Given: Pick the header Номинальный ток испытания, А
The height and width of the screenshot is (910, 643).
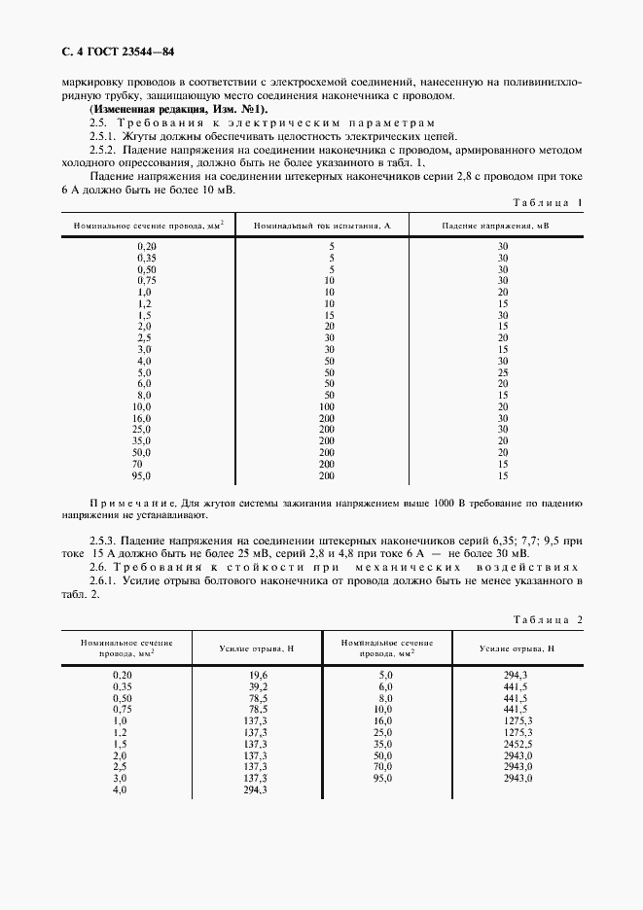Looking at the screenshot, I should (x=322, y=225).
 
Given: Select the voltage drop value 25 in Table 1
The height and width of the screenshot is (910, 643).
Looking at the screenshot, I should (x=503, y=372).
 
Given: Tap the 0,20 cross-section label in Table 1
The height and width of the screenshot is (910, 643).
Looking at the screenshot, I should (x=146, y=247).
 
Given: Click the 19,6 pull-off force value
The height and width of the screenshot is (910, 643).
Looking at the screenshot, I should (x=256, y=674).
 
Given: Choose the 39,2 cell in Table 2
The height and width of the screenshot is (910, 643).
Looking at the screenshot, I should (x=256, y=686).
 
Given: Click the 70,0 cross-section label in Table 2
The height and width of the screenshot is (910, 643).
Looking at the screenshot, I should (x=382, y=767).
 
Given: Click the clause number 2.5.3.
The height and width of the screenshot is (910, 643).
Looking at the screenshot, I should (x=103, y=539).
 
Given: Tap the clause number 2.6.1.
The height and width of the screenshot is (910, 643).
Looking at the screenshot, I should (x=103, y=580).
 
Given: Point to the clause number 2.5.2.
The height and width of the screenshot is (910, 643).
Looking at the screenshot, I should (x=103, y=151).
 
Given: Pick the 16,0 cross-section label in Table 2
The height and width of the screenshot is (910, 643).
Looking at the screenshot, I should (x=382, y=720).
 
